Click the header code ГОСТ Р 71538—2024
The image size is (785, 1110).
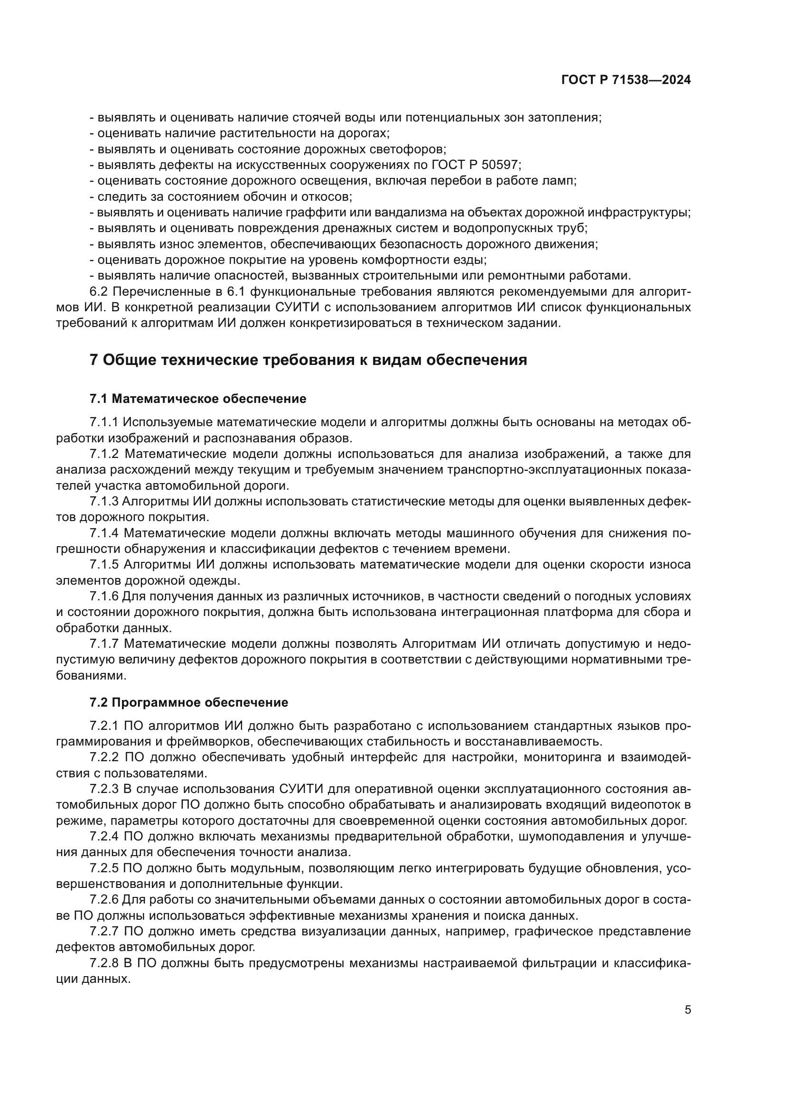[626, 80]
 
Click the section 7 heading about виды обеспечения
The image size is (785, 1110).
[308, 360]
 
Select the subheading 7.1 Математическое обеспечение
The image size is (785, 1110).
[198, 399]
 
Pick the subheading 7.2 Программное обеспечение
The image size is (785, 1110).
[189, 702]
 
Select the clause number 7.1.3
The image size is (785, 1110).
[104, 501]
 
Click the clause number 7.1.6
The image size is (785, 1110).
[104, 596]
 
